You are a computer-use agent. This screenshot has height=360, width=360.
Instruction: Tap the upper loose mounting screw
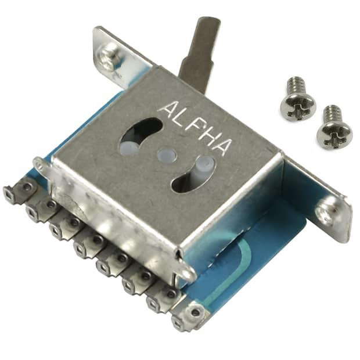coord(297,99)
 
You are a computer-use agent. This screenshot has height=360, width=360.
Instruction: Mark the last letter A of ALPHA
coord(221,146)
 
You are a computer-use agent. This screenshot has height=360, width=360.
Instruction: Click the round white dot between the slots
coord(167,155)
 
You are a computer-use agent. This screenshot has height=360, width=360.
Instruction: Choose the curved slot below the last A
coord(195,174)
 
